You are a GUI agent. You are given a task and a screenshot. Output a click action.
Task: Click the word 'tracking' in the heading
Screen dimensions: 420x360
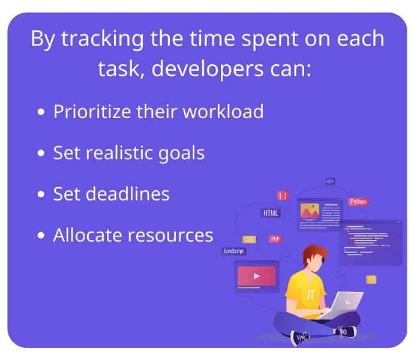[103, 40]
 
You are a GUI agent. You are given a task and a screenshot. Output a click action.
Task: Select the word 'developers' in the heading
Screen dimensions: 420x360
[208, 69]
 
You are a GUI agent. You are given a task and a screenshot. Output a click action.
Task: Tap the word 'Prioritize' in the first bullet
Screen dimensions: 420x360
[92, 112]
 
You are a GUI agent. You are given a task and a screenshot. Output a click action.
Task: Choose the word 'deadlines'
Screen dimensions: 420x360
[127, 194]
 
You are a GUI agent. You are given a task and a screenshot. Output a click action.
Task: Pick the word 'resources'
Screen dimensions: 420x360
[170, 236]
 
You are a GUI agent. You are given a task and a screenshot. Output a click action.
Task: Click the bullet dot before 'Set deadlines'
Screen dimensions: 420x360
[41, 194]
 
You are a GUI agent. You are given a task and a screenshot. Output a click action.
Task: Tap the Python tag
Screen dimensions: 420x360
[358, 202]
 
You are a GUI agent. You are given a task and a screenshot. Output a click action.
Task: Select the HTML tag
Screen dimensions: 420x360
[271, 213]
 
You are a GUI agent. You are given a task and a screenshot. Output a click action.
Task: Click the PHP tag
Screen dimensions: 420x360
[275, 239]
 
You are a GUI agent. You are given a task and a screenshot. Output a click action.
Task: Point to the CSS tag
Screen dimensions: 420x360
[249, 239]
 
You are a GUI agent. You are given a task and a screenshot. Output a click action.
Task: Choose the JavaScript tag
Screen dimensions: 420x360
[234, 251]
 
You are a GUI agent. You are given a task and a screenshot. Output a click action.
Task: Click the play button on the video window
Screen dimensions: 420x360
[257, 276]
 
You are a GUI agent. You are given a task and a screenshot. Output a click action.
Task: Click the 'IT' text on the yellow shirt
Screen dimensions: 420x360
[310, 294]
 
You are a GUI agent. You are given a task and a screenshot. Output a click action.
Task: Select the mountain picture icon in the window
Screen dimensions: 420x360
[310, 211]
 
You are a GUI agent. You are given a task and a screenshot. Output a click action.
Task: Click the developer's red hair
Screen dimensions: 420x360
[315, 254]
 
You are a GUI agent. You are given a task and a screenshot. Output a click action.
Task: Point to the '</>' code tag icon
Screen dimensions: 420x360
[331, 181]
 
